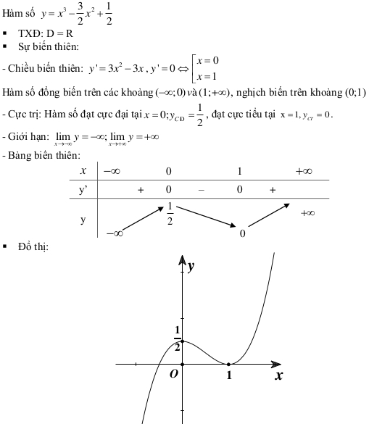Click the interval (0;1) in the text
354,93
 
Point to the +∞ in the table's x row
304,171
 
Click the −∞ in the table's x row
112,171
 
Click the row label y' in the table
84,190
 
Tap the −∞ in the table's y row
114,233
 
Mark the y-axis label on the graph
191,267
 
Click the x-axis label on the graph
278,376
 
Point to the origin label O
173,374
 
